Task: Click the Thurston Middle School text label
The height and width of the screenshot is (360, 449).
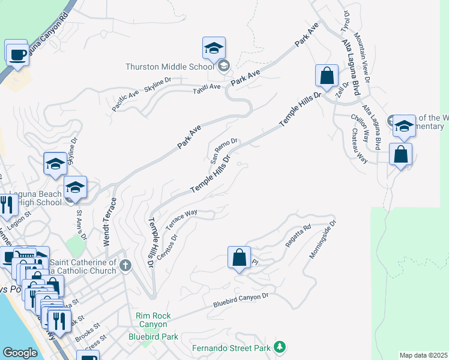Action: pyautogui.click(x=170, y=67)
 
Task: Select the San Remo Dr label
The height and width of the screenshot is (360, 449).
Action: pyautogui.click(x=224, y=151)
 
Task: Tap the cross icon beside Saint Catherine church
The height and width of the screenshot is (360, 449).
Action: pyautogui.click(x=125, y=265)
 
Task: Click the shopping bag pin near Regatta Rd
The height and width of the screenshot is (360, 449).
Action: pyautogui.click(x=239, y=257)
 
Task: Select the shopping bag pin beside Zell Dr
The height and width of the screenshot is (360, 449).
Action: pyautogui.click(x=327, y=76)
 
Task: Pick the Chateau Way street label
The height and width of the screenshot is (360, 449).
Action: pyautogui.click(x=360, y=146)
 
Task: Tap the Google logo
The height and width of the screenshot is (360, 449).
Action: pyautogui.click(x=20, y=353)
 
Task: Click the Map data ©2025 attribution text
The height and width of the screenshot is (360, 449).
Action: pyautogui.click(x=423, y=355)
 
